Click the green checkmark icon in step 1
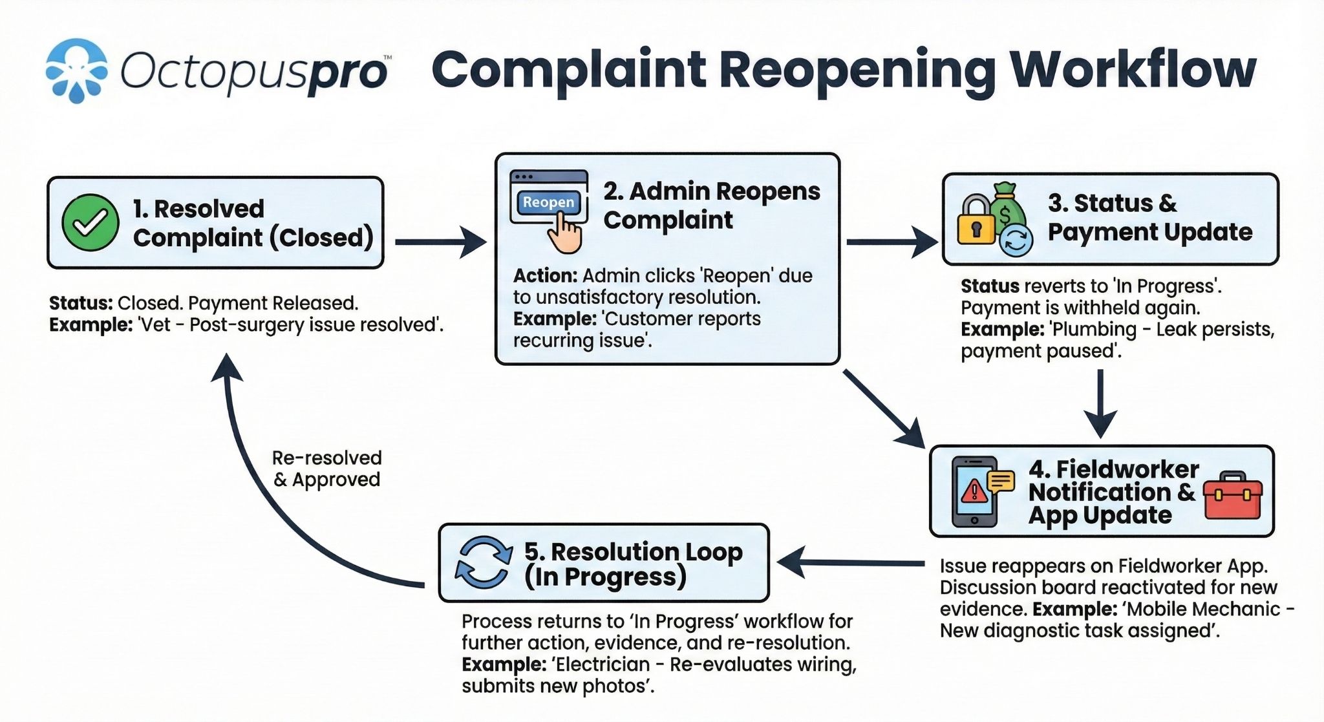(90, 222)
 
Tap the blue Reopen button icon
(548, 203)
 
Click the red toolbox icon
(1233, 496)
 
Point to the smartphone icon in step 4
(974, 492)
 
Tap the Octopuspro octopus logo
(76, 70)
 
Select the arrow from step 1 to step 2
(440, 242)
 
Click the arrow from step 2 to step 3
(891, 242)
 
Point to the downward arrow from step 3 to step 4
(1100, 403)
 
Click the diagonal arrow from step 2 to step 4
(883, 407)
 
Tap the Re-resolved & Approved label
(326, 469)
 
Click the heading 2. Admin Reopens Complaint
(711, 206)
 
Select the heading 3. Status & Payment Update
(1149, 217)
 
